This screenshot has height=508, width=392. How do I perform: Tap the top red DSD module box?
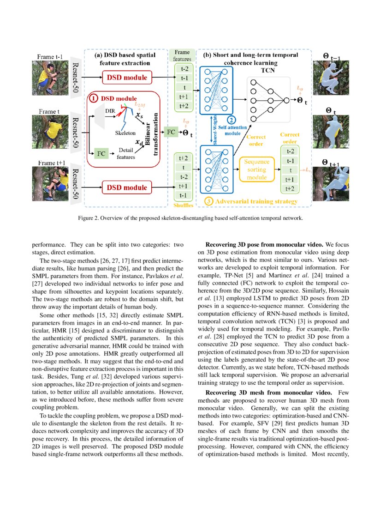click(127, 78)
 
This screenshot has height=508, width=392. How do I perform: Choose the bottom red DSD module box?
click(127, 187)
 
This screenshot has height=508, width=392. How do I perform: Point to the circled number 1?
click(94, 98)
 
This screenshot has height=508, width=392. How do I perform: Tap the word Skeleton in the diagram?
click(125, 133)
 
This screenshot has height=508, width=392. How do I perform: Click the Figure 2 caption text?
click(196, 218)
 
